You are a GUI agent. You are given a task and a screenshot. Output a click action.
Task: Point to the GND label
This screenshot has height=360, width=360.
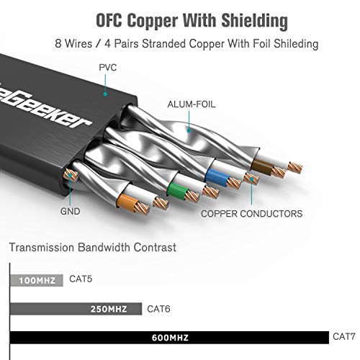71,212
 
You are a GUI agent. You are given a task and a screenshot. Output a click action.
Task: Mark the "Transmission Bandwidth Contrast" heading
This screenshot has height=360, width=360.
92,248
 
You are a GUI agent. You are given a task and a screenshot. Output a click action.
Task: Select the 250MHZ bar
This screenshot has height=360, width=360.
76,309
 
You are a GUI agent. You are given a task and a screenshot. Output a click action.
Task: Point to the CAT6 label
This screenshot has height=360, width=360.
158,309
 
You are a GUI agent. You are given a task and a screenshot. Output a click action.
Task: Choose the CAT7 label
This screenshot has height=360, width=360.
343,336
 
